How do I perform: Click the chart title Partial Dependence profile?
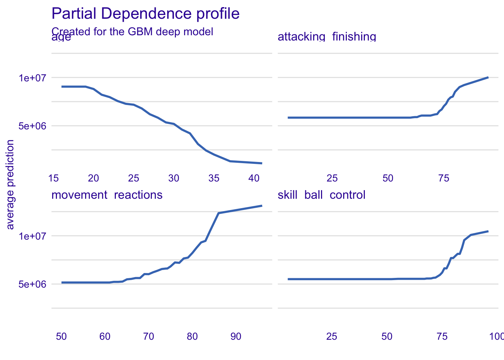pos(145,14)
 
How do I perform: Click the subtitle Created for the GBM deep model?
pos(132,31)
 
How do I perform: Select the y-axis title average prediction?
pos(10,184)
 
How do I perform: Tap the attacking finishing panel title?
pos(327,37)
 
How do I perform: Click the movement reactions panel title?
pos(107,195)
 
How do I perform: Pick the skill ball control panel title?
pos(321,195)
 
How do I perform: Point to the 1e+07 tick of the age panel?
pos(32,78)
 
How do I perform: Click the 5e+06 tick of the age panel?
pos(32,126)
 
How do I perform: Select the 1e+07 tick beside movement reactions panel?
pos(32,236)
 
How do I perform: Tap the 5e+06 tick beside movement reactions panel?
pos(32,284)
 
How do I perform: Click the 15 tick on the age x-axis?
pos(54,178)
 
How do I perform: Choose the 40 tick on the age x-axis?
pos(254,178)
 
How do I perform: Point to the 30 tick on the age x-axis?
pos(174,178)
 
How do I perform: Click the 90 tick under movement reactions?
pos(236,336)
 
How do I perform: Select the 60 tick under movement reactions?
pos(105,336)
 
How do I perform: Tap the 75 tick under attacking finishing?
pos(444,178)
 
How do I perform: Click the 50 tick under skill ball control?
pos(387,336)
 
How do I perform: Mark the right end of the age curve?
pos(262,163)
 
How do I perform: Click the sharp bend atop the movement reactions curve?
pos(219,213)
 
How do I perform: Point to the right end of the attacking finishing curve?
pos(488,77)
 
